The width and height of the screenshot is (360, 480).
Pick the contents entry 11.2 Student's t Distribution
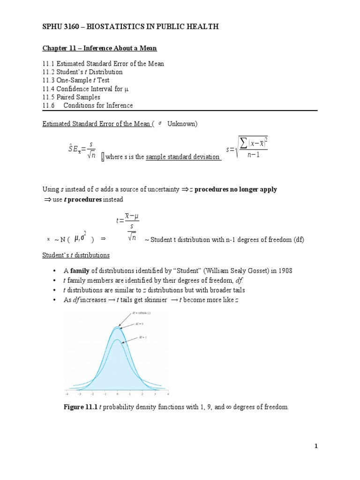[x=82, y=72]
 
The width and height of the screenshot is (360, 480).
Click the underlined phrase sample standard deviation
[x=183, y=157]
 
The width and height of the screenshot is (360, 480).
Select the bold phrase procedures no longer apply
[x=235, y=189]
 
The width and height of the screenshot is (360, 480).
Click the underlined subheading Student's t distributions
[x=76, y=255]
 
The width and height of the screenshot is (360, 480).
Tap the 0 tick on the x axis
[x=117, y=394]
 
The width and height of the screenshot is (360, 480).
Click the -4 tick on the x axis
[x=67, y=394]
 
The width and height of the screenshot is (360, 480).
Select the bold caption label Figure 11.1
[x=80, y=407]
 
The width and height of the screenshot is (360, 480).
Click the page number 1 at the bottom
[x=316, y=446]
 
